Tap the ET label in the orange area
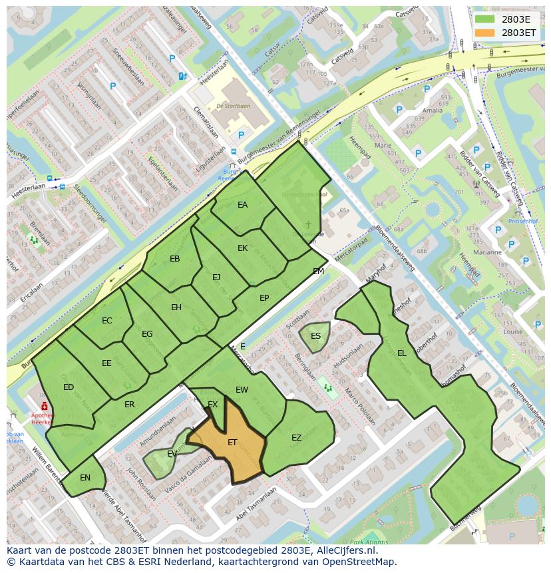pos(232,442)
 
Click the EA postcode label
pos(242,205)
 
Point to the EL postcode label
pos(401,353)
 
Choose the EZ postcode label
pos(296,437)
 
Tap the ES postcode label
pos(315,335)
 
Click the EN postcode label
pos(85,478)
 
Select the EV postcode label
pos(172,454)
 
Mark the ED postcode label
pos(69,387)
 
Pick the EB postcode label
pos(174,259)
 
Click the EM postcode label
pos(318,271)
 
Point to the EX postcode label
pos(212,404)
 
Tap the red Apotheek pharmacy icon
pos(44,406)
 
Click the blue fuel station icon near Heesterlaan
pos(182,76)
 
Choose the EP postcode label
pos(264,298)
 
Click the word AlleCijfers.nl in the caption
pos(346,550)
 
